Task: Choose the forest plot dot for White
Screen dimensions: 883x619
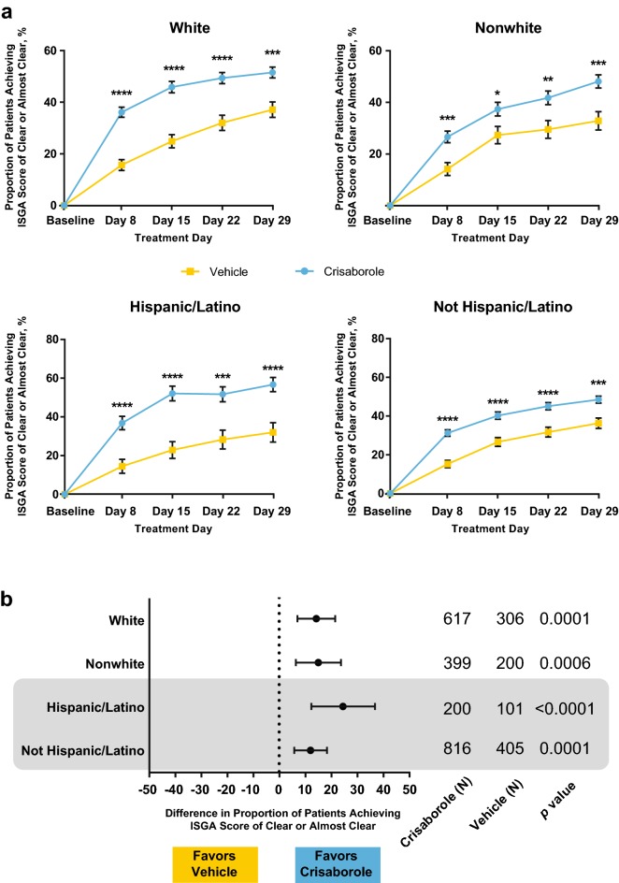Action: click(316, 618)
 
